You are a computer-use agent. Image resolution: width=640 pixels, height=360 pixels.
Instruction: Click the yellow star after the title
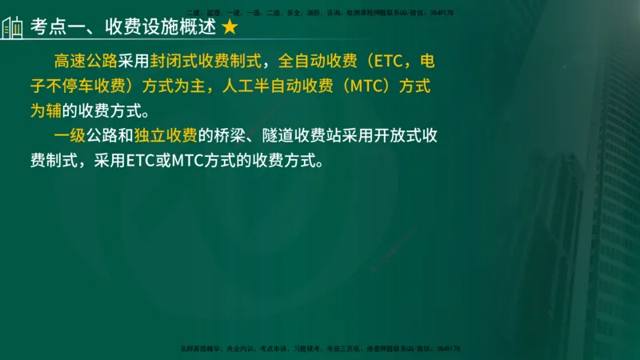point(229,27)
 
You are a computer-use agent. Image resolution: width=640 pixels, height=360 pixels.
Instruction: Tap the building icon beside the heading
point(12,27)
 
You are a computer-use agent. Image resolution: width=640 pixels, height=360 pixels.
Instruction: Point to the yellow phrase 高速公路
point(85,62)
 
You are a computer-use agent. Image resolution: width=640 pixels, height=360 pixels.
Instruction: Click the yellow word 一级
point(69,134)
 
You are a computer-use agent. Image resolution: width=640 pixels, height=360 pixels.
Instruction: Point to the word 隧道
point(294,134)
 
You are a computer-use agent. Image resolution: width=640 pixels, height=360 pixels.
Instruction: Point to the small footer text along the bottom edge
point(319,349)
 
